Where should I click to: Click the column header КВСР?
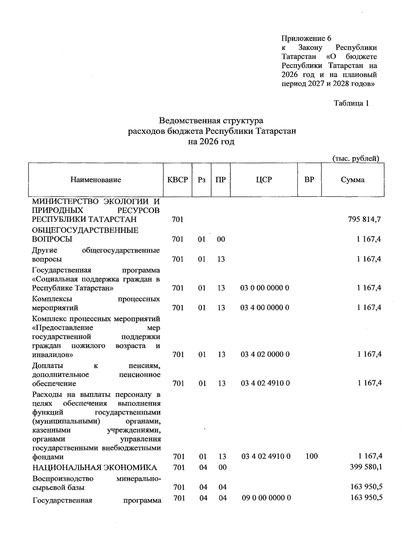[x=177, y=180]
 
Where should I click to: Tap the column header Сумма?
[x=352, y=180]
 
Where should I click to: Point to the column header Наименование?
[x=95, y=180]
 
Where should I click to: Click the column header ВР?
[x=309, y=180]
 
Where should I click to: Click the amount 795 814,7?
[x=364, y=219]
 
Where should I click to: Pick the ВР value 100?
[x=312, y=456]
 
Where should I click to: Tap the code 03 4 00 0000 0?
[x=265, y=307]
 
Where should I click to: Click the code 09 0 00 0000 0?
[x=266, y=498]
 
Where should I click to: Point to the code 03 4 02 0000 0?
[x=265, y=354]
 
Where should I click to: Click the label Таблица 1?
[x=351, y=103]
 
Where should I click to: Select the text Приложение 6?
[x=306, y=38]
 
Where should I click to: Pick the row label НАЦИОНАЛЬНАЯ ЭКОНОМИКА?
[x=94, y=467]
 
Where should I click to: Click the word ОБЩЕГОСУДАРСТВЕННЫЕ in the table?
[x=85, y=230]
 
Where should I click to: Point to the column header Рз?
[x=201, y=180]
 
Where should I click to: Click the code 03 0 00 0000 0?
[x=265, y=288]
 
